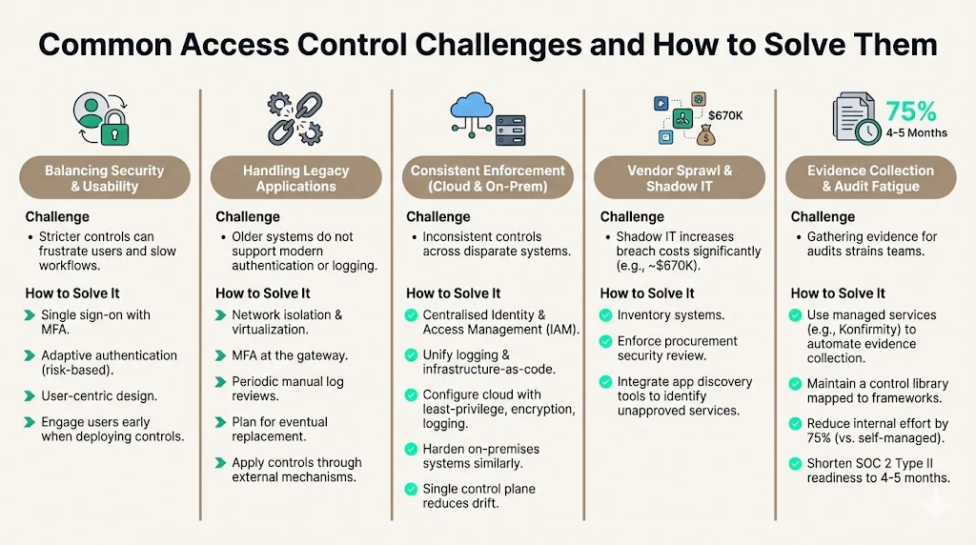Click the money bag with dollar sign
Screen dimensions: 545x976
pos(706,135)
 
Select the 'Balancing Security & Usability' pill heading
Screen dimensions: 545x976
pos(105,178)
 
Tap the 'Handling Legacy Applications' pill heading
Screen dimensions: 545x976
pos(295,178)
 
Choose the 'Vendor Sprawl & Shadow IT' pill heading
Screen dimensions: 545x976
pos(679,178)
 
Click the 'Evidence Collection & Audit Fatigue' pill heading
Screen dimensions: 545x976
pos(870,178)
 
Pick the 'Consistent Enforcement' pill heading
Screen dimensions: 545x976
pos(487,178)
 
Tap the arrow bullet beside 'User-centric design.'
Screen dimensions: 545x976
pos(30,395)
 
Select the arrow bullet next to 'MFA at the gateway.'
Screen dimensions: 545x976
pos(221,355)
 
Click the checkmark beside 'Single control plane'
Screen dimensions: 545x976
pos(412,489)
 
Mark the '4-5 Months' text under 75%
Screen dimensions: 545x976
pos(916,132)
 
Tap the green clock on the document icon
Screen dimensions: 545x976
pos(867,133)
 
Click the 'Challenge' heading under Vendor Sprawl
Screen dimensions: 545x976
pos(632,217)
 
